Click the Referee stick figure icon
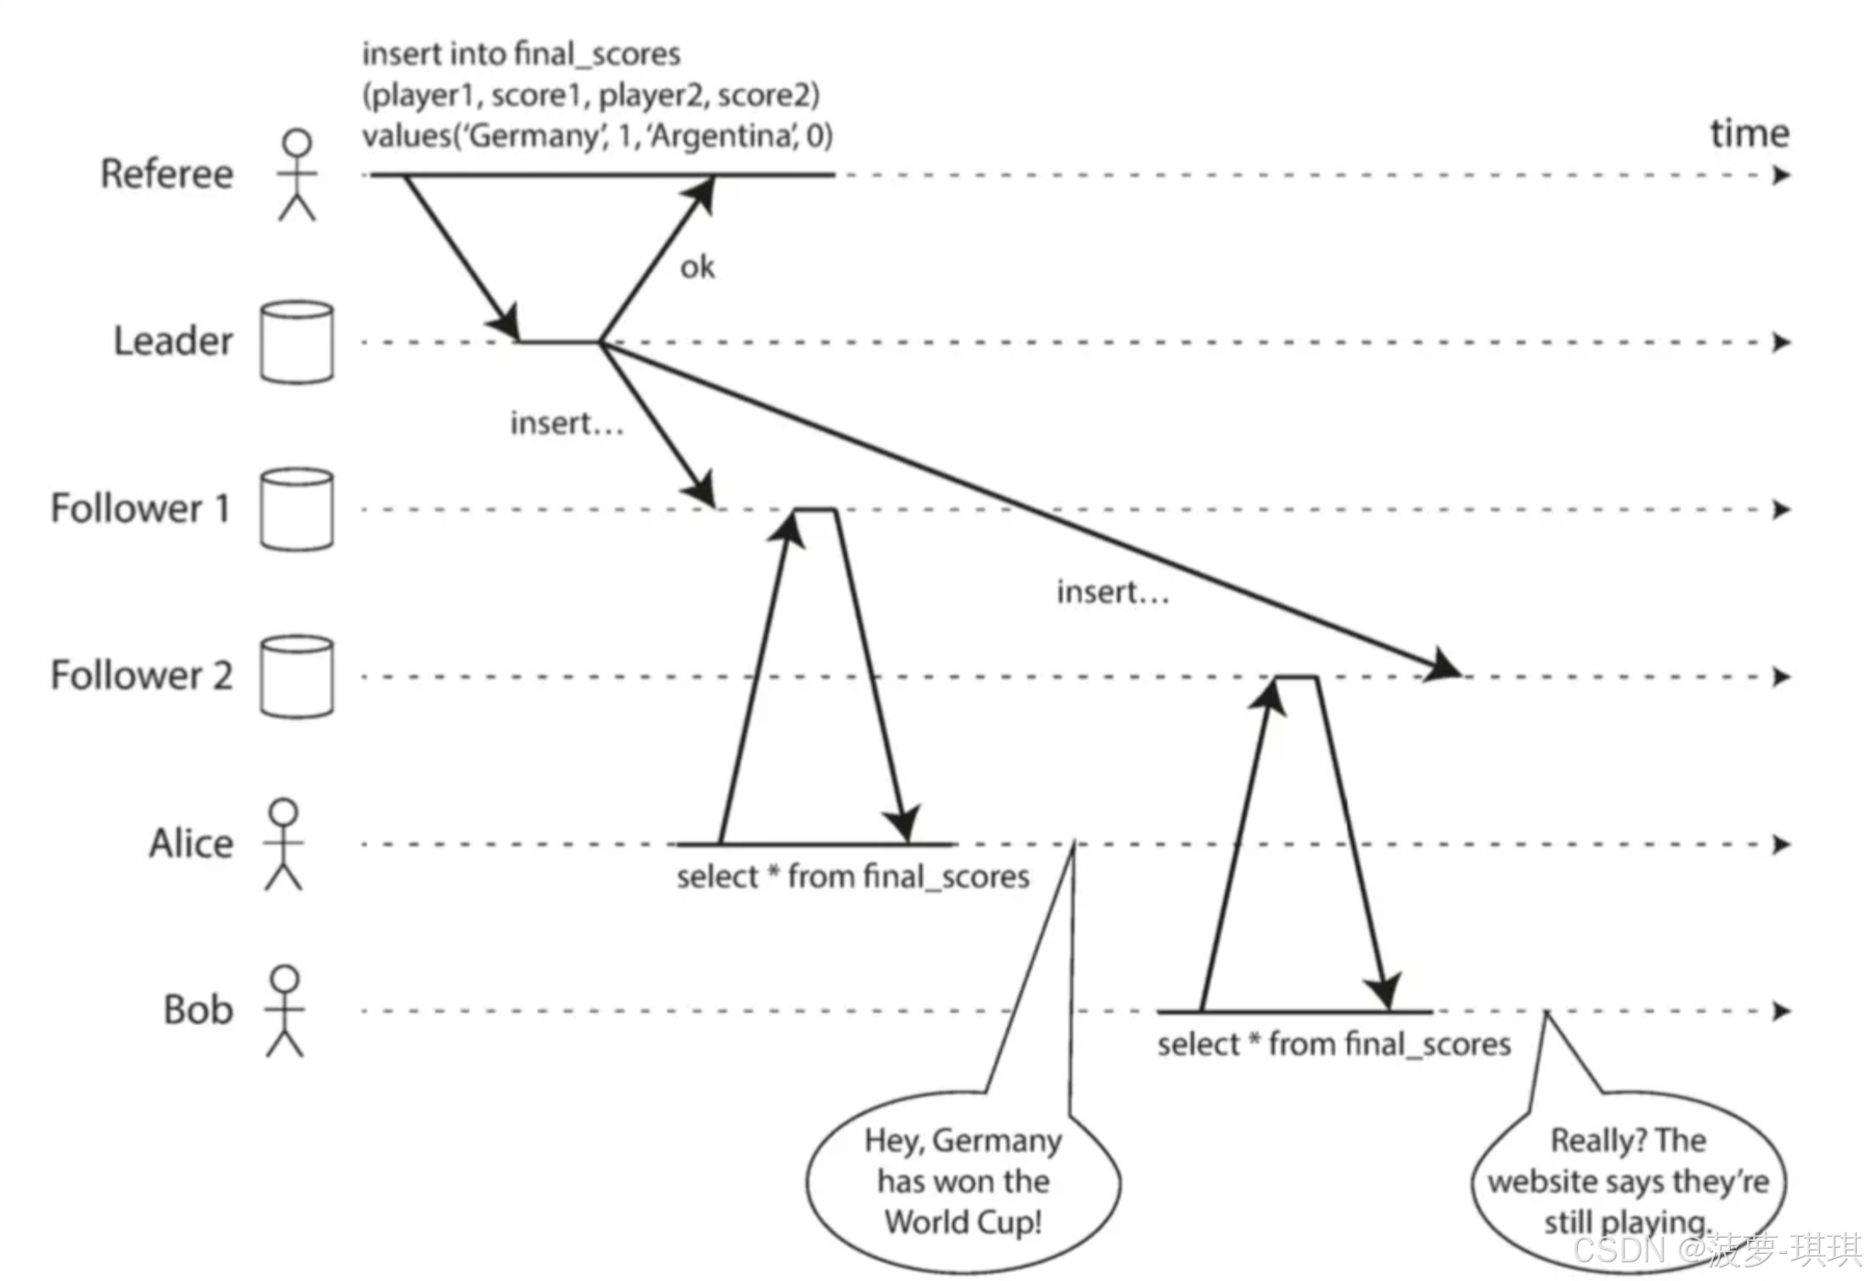tap(297, 174)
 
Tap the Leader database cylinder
tap(297, 342)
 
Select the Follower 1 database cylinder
tap(297, 509)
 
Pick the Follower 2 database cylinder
tap(297, 676)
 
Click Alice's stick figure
tap(283, 844)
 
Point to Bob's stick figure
tap(285, 1011)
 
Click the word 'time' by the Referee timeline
tap(1749, 134)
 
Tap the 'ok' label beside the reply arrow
tap(697, 268)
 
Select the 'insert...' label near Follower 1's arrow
tap(566, 423)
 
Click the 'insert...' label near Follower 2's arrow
tap(1112, 592)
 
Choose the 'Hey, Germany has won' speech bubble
tap(963, 1181)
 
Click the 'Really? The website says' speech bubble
tap(1628, 1181)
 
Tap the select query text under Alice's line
tap(853, 877)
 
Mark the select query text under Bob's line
tap(1334, 1045)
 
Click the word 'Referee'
tap(167, 174)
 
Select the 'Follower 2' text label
tap(141, 675)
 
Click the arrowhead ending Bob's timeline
tap(1781, 1011)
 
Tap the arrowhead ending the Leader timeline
tap(1781, 343)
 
